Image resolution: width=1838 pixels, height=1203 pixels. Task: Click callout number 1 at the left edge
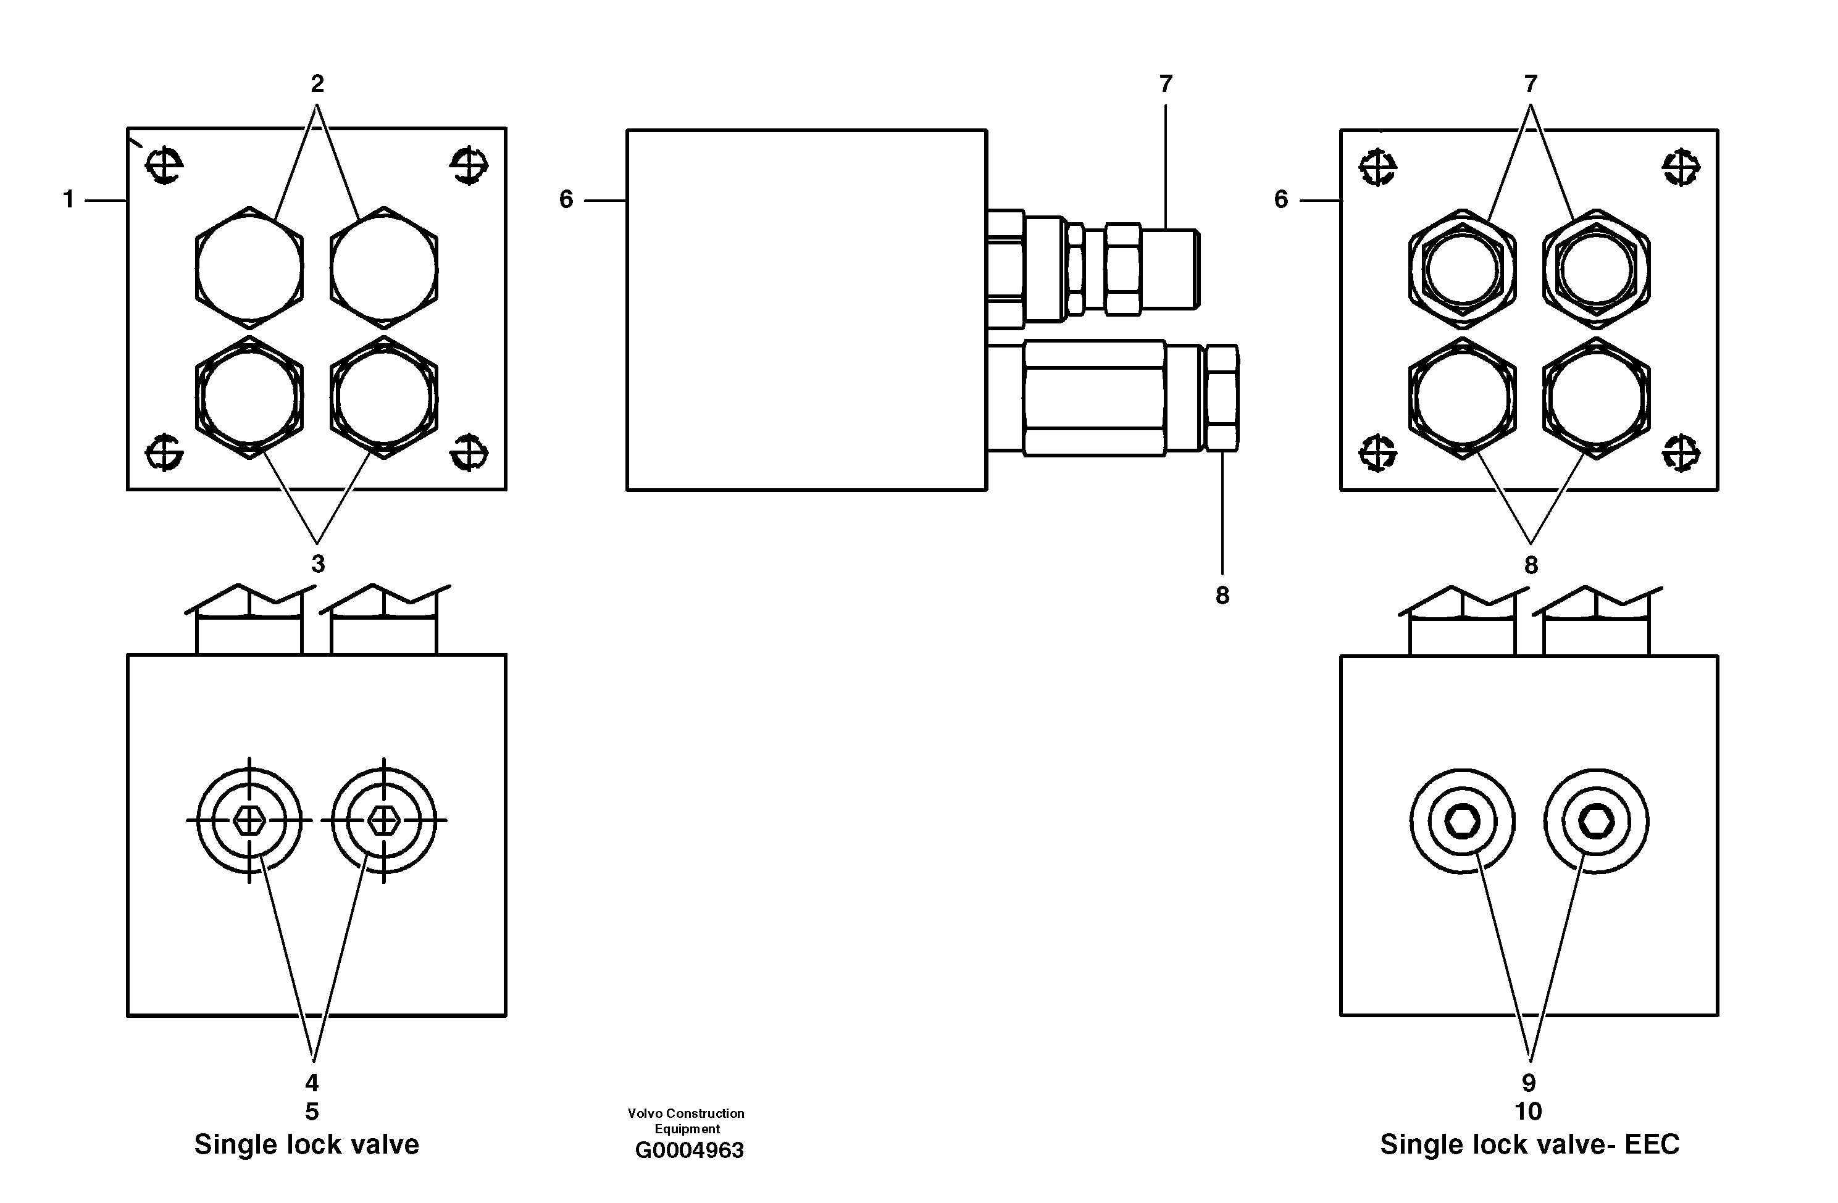tap(68, 200)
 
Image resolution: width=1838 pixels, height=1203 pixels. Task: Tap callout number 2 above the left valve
tap(317, 83)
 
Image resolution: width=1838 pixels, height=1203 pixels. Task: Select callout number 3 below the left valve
tap(317, 564)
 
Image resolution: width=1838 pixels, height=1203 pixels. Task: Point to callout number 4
tap(311, 1083)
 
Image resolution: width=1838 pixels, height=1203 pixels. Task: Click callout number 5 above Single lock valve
tap(311, 1112)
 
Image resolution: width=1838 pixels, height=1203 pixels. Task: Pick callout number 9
tap(1528, 1083)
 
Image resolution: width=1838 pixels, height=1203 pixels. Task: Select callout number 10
tap(1528, 1112)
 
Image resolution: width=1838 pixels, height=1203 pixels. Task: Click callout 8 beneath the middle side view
tap(1222, 595)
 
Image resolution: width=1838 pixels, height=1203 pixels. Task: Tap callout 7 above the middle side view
tap(1166, 83)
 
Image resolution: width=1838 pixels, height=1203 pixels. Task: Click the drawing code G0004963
tap(689, 1151)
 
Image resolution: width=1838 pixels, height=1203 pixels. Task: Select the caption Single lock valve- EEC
tap(1529, 1144)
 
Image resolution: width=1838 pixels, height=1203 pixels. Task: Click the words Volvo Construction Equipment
tap(686, 1120)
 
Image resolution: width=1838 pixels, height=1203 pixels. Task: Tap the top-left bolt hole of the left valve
tap(164, 164)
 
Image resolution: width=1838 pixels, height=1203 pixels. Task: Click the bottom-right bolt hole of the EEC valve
tap(1681, 452)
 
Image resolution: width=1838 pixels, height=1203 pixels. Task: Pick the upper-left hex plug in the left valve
tap(249, 267)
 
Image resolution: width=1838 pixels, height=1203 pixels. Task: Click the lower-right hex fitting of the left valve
tap(384, 397)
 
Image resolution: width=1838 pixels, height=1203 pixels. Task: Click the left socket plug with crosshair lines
tap(249, 820)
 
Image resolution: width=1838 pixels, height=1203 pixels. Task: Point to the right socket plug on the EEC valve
tap(1596, 821)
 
